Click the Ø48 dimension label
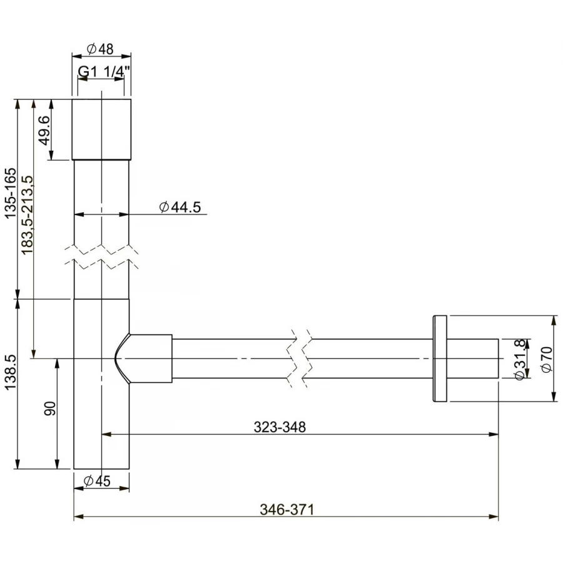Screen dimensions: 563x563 click(x=100, y=48)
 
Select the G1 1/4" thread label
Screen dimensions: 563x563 click(x=100, y=73)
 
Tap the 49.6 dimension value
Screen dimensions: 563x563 click(x=44, y=129)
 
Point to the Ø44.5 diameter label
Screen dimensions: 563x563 click(x=180, y=208)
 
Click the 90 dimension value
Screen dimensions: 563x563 click(x=51, y=408)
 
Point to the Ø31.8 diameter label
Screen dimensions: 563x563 click(x=519, y=358)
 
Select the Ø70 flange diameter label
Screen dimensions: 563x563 click(x=546, y=359)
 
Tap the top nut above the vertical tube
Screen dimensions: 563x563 click(x=101, y=129)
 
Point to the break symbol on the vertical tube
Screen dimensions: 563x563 click(x=102, y=256)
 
